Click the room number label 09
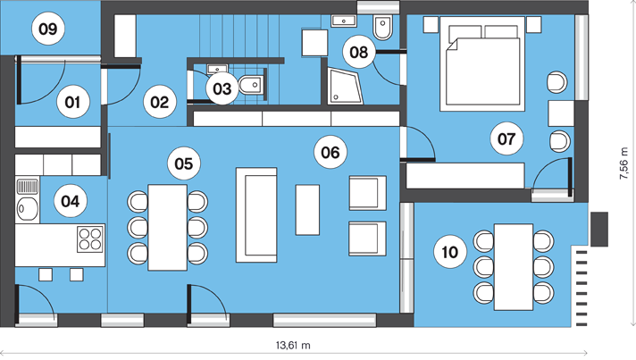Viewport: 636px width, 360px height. pos(48,29)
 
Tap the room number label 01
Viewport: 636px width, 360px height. pos(72,102)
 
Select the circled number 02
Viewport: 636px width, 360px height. pos(159,102)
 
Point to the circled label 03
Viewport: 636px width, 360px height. pos(222,88)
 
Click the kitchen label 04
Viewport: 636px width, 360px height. pos(71,201)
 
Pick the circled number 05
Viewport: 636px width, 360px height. pos(184,163)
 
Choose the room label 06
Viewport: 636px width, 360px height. pos(331,152)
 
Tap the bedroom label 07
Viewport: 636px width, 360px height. pos(506,138)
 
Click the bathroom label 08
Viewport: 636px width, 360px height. pos(358,52)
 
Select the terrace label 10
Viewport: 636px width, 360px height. pos(450,252)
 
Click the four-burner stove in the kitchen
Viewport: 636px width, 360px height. pos(90,239)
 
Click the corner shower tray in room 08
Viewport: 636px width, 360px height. pos(345,86)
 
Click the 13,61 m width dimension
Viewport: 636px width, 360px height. pos(293,346)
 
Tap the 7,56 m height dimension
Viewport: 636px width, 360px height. pos(623,163)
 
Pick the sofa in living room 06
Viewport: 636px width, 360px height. pos(256,215)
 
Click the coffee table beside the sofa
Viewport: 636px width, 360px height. pos(307,210)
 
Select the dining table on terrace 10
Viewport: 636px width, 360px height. pos(514,267)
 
